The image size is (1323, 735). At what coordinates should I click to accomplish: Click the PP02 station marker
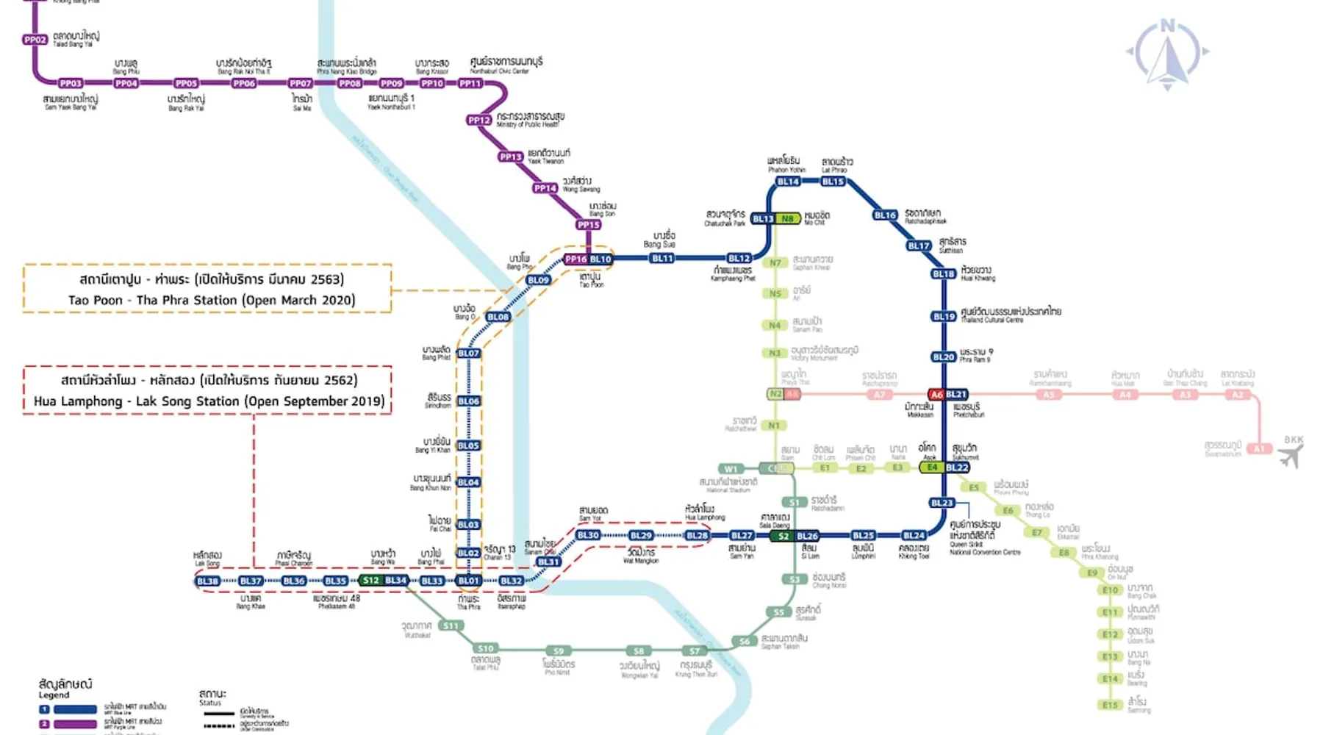[x=35, y=40]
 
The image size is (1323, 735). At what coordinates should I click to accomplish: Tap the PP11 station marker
[x=470, y=84]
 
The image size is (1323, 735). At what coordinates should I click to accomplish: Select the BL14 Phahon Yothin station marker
[x=788, y=182]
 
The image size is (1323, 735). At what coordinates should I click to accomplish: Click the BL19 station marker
[x=943, y=317]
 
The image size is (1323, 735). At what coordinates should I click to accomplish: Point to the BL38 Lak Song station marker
[x=207, y=581]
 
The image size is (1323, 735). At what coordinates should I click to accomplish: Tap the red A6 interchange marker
[x=936, y=395]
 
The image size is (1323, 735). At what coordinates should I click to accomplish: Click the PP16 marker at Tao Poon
[x=576, y=259]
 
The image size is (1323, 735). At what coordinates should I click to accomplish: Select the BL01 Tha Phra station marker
[x=468, y=581]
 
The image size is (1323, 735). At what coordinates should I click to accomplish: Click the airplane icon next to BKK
[x=1290, y=456]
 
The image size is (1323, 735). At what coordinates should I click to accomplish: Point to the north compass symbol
[x=1167, y=55]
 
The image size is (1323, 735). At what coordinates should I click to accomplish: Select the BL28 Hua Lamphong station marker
[x=697, y=536]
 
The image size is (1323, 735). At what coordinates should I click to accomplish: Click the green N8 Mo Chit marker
[x=788, y=219]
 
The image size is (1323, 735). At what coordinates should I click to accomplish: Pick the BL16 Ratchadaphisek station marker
[x=885, y=215]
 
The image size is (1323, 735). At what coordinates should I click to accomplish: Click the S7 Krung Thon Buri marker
[x=694, y=651]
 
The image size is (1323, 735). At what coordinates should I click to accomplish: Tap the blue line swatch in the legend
[x=75, y=710]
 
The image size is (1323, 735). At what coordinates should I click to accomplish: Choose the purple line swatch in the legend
[x=75, y=725]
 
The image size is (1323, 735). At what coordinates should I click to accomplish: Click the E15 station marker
[x=1110, y=705]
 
